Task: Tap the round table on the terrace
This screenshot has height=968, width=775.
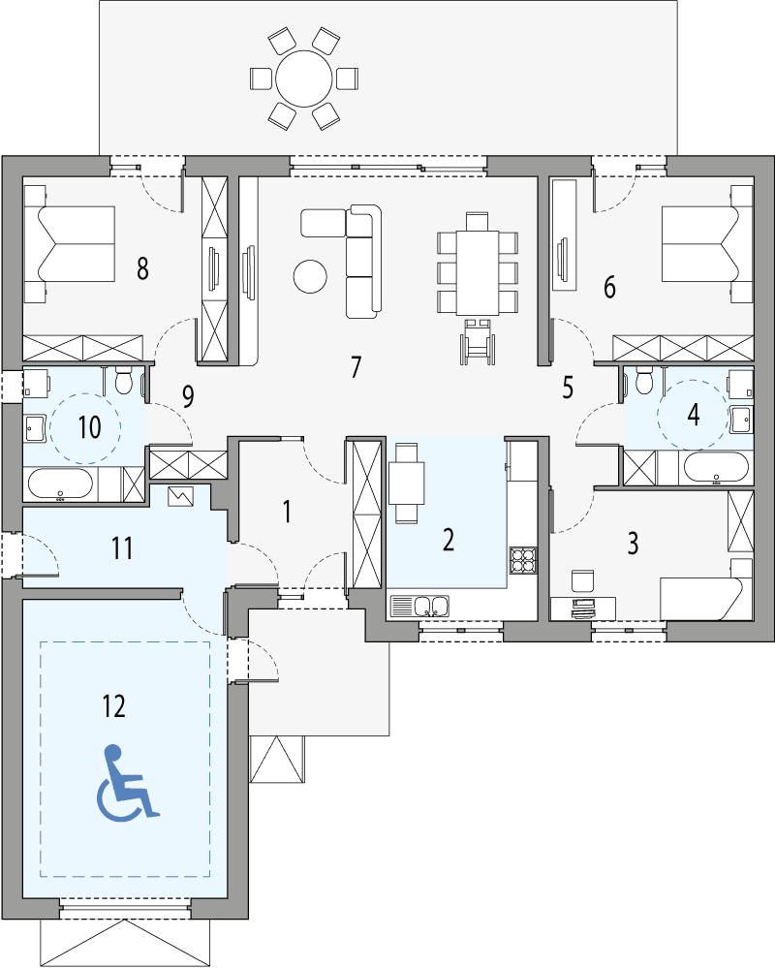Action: (303, 77)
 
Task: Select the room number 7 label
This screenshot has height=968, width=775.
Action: (356, 367)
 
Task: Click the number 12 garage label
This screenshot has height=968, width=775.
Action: (113, 706)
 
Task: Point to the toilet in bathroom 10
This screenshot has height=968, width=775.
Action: (125, 382)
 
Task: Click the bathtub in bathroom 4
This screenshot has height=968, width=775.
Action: (716, 468)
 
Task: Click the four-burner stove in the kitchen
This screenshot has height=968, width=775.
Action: (523, 559)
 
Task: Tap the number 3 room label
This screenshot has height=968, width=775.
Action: (633, 544)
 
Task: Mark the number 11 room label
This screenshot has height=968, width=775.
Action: (121, 548)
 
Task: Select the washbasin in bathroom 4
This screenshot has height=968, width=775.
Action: (740, 419)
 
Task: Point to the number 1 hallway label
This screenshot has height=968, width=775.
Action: (287, 512)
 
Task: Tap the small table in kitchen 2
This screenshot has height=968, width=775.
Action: (407, 480)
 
